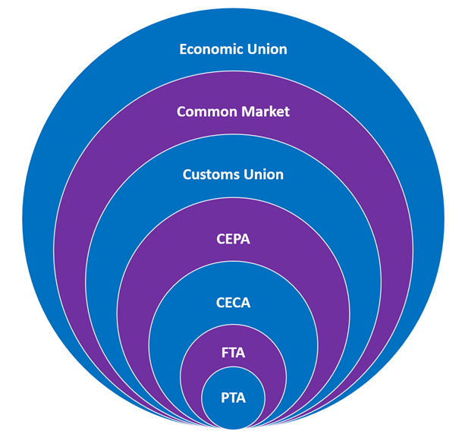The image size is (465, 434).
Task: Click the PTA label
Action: [233, 397]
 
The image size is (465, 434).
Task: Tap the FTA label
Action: [233, 352]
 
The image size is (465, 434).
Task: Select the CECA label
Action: [233, 303]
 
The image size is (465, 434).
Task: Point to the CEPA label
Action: [233, 239]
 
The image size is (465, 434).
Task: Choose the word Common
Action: [202, 112]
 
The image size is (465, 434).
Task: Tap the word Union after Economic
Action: [266, 49]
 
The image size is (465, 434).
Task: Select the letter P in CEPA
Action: [235, 239]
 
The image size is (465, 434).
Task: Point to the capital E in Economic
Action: [183, 49]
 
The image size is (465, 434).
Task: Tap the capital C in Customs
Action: [187, 175]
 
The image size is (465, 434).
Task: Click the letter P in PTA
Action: [223, 397]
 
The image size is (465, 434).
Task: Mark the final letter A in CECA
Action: [245, 303]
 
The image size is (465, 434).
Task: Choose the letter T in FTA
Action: [232, 352]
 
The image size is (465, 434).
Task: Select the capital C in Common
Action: [181, 112]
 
